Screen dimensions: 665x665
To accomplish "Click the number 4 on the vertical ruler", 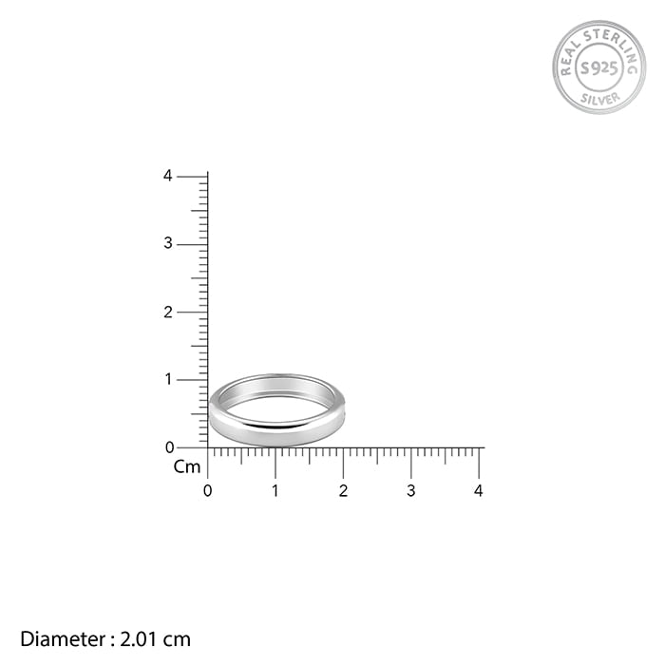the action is click(x=168, y=176).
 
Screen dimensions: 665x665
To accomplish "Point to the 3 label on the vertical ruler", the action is click(x=168, y=243).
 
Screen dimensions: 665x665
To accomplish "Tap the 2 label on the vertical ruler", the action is click(x=168, y=313).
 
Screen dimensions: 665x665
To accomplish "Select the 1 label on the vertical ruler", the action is click(x=169, y=380).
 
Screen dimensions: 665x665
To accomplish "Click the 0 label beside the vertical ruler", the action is click(x=170, y=447).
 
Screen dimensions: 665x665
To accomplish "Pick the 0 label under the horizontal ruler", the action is click(x=207, y=491).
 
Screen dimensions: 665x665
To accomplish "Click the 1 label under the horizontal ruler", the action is click(x=275, y=491).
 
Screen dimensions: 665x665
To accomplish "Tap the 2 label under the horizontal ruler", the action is click(x=344, y=491).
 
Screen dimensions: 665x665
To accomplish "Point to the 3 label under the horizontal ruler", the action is click(x=411, y=491).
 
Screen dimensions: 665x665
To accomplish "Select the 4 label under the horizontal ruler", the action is click(x=479, y=491).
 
